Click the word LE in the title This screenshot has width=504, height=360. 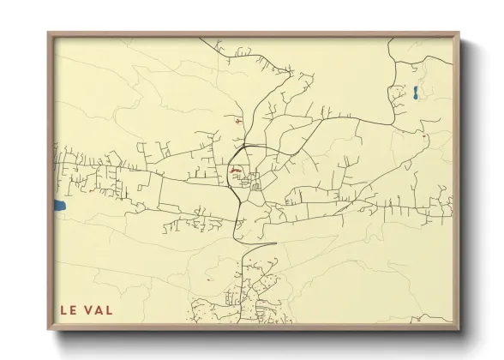coord(68,309)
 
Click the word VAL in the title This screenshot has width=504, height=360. coord(98,309)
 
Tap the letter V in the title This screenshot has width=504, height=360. coord(87,309)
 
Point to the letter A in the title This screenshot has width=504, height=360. coord(98,309)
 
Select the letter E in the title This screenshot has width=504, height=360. coord(73,309)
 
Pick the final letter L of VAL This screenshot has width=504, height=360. coord(108,309)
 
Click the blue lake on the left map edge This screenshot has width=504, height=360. coord(59,206)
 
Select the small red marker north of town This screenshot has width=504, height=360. coord(237,120)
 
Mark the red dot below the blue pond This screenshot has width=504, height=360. coord(423,135)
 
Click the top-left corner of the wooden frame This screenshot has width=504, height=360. coord(49,33)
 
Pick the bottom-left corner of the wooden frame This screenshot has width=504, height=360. coord(49,331)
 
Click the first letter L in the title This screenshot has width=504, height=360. coord(63,309)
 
